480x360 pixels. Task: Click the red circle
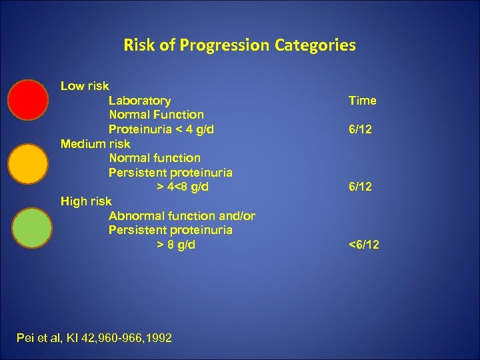pos(28,99)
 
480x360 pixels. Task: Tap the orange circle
pos(28,164)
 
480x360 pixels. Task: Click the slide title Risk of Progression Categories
pos(239,45)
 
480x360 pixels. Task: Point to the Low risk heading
pos(85,86)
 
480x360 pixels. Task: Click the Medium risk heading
pos(95,143)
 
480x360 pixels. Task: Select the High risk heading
pos(86,201)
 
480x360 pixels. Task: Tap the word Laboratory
pos(139,101)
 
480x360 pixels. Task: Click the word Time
pos(362,101)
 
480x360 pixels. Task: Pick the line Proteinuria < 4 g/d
pos(161,129)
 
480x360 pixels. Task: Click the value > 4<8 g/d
pos(182,187)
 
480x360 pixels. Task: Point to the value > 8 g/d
pos(176,245)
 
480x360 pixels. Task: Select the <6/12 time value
pos(363,245)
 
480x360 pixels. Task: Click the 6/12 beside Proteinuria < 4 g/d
pos(360,129)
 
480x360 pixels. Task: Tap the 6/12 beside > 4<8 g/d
pos(360,187)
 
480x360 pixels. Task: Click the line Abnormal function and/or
pos(181,215)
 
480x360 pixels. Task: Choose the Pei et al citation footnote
pos(94,338)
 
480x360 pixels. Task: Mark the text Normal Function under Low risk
pos(156,115)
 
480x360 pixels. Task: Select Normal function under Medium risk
pos(154,158)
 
